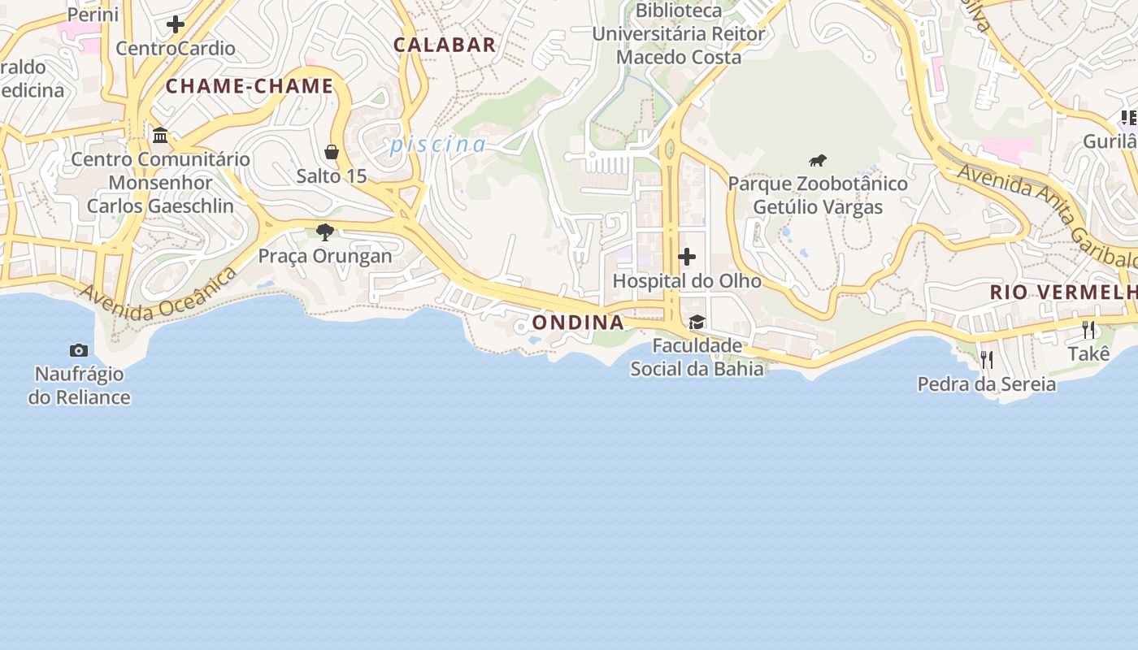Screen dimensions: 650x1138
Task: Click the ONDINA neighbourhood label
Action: tap(578, 323)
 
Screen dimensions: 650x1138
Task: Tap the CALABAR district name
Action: tap(445, 45)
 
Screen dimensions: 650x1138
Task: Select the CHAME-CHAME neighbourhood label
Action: tap(250, 86)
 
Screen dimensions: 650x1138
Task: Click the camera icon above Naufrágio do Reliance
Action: tap(79, 350)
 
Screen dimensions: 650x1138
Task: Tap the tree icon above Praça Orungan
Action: tap(325, 232)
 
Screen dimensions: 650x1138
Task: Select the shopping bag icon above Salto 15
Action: tap(332, 152)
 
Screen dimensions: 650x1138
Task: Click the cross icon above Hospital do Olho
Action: tap(687, 258)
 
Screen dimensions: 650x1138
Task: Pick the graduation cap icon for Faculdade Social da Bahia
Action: tap(697, 323)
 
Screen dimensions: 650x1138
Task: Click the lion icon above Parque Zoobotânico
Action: tap(818, 160)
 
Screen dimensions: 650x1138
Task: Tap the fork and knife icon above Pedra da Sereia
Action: tap(987, 360)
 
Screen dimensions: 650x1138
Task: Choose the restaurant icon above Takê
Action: tap(1088, 330)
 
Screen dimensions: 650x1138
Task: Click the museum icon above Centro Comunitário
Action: tap(160, 135)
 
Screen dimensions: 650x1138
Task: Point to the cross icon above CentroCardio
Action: tap(176, 24)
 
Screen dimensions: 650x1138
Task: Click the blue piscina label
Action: tap(437, 145)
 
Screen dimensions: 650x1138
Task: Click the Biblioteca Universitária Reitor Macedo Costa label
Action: tap(678, 34)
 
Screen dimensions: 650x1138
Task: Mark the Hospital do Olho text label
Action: tap(687, 281)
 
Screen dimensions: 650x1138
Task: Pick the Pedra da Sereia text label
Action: tap(987, 384)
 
